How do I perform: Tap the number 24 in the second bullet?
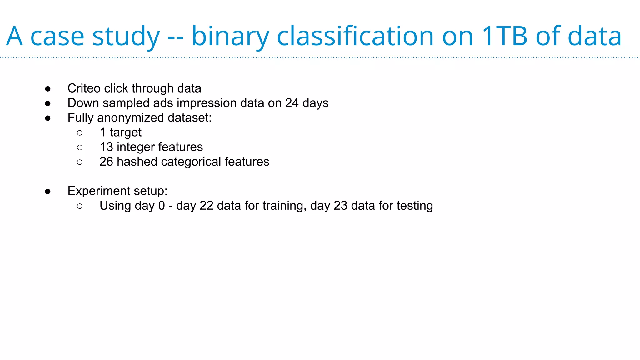[292, 103]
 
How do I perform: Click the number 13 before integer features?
[106, 147]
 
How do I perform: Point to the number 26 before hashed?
[106, 162]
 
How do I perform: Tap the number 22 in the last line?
[206, 206]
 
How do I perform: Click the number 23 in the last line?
[340, 206]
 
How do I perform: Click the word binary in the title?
[230, 36]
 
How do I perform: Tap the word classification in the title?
[355, 36]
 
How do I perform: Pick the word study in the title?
[126, 36]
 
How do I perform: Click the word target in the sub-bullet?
[126, 132]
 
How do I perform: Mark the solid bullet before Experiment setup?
[48, 191]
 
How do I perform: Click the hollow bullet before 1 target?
[80, 133]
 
